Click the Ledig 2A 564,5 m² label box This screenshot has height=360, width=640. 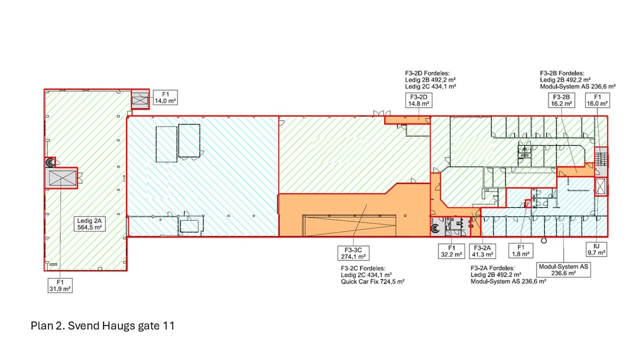click(x=90, y=223)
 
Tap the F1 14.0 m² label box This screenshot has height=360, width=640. click(x=165, y=98)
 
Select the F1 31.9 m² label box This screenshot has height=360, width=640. click(x=60, y=285)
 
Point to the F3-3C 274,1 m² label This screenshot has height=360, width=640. click(x=353, y=253)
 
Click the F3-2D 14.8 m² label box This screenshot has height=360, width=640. click(x=419, y=100)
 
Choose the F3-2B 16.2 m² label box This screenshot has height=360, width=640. click(x=562, y=100)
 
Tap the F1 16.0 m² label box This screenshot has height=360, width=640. click(x=597, y=100)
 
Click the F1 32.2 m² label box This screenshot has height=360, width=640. click(x=451, y=251)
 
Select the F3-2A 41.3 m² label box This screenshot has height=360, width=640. click(x=482, y=251)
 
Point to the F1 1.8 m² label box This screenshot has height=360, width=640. click(x=521, y=251)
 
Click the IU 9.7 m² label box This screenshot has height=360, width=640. click(x=597, y=250)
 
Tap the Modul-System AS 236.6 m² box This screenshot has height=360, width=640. click(x=563, y=270)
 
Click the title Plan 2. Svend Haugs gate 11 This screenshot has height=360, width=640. click(x=102, y=326)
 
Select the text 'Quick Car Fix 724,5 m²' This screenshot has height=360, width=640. click(x=373, y=282)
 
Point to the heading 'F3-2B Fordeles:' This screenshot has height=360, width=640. click(x=562, y=73)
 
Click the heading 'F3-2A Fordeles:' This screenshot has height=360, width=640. click(x=493, y=268)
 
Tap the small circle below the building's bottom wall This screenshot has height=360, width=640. click(x=544, y=241)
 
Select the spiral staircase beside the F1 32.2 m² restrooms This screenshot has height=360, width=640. click(x=435, y=228)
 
